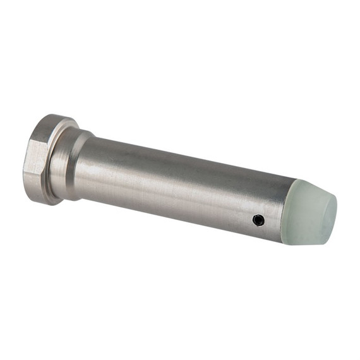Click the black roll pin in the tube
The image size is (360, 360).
(x=258, y=220)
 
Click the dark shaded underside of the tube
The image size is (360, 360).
(x=183, y=212)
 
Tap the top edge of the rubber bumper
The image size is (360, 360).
(x=303, y=182)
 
